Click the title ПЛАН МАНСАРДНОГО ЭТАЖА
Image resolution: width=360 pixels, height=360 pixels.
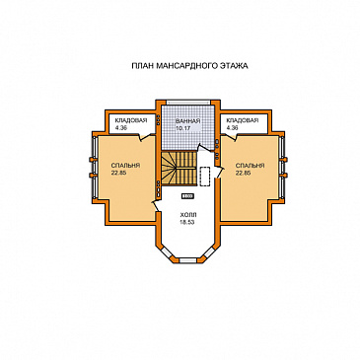click(x=189, y=66)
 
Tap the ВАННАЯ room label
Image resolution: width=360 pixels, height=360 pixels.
click(x=187, y=120)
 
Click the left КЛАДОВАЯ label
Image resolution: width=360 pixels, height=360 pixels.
click(x=131, y=120)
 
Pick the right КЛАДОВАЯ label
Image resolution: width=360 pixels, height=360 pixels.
click(x=243, y=120)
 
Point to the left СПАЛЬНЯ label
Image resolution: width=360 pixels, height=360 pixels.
click(x=125, y=166)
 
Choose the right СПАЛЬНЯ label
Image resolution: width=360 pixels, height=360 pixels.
click(x=250, y=166)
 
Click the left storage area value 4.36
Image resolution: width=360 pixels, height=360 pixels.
click(x=121, y=128)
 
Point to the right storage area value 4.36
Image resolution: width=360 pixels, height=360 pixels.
click(x=232, y=128)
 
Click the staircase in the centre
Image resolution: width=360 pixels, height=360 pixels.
click(x=179, y=168)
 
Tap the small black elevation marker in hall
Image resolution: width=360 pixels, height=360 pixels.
click(x=187, y=196)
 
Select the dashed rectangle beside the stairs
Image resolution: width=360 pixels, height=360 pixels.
click(x=205, y=177)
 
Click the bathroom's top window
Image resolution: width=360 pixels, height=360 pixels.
click(x=187, y=103)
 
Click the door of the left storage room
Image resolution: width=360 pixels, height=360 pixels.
click(x=145, y=136)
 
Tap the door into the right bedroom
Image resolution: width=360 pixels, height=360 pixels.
click(x=220, y=173)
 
